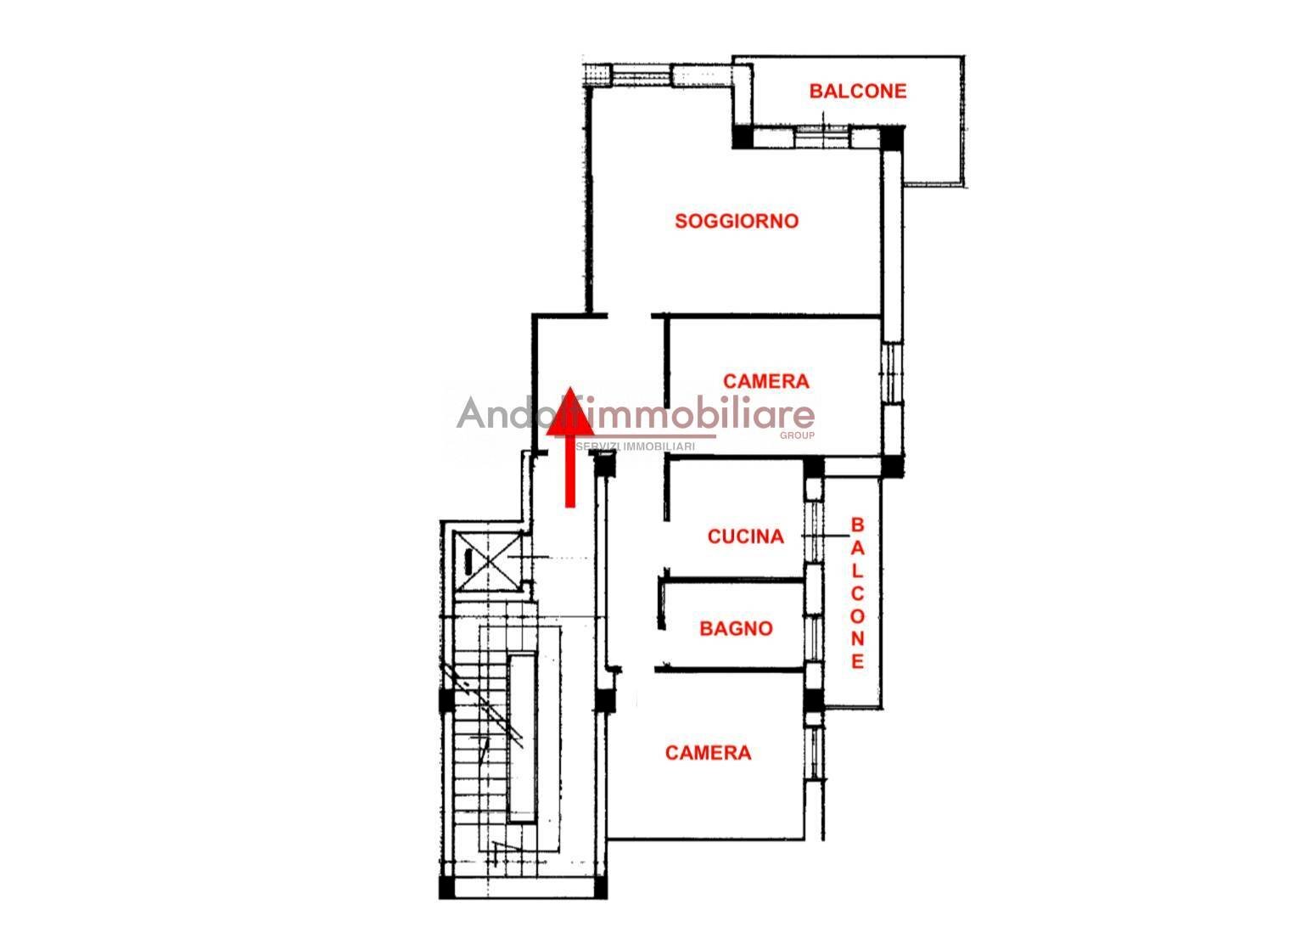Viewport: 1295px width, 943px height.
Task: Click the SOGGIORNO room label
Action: [x=737, y=221]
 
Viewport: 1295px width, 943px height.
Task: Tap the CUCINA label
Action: [x=746, y=536]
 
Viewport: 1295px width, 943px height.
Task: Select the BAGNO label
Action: [x=736, y=628]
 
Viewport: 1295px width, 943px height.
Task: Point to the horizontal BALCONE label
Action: [x=858, y=91]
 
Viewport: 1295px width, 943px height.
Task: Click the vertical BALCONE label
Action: [x=857, y=593]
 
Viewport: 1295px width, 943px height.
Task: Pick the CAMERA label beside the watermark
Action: [x=766, y=381]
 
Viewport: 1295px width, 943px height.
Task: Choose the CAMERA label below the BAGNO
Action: [x=709, y=752]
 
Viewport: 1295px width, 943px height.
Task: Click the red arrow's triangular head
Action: [x=570, y=411]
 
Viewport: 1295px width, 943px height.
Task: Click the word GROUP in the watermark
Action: [x=797, y=435]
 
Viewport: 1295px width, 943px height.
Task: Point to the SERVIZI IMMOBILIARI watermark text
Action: [x=636, y=446]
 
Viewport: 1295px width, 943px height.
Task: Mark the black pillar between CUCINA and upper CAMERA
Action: [x=814, y=467]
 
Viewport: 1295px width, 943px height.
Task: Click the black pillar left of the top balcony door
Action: [x=743, y=137]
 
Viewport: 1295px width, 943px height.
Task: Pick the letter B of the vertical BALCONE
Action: [x=857, y=525]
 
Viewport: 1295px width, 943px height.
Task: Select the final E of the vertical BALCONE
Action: [x=857, y=661]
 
